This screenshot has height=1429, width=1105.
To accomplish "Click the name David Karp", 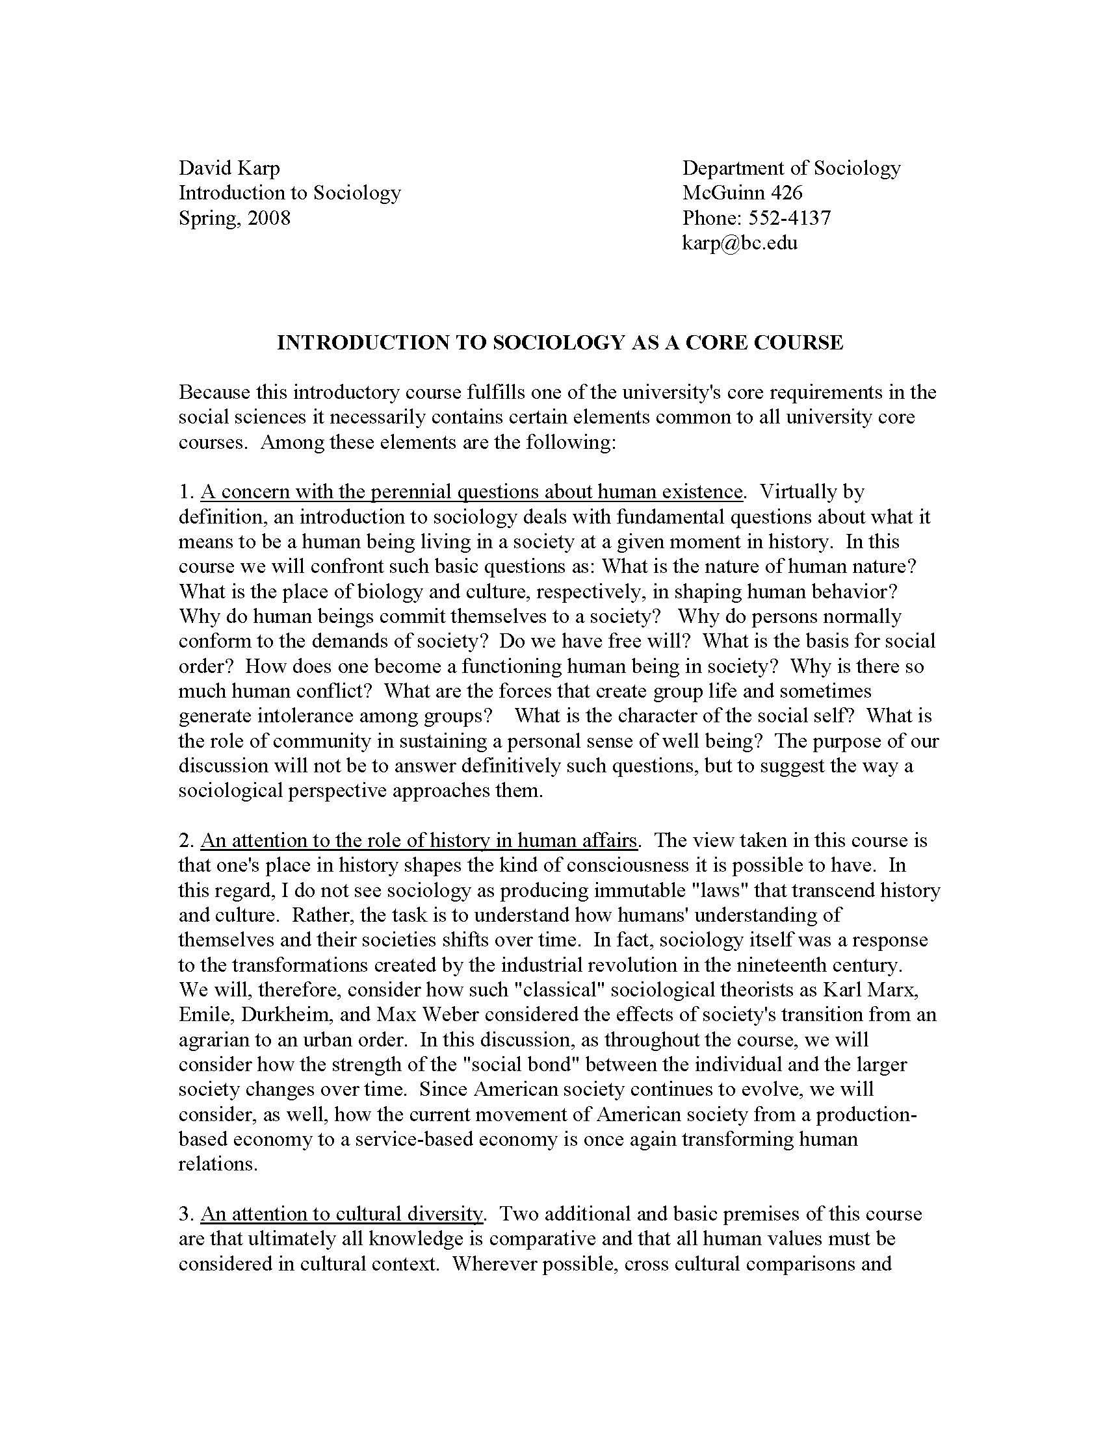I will tap(229, 168).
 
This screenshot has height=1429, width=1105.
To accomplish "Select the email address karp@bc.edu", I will tap(740, 243).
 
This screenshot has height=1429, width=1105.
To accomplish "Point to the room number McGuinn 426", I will tap(742, 193).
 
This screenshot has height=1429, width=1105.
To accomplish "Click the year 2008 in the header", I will tap(269, 218).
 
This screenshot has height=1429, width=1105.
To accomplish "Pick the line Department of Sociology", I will tap(792, 168).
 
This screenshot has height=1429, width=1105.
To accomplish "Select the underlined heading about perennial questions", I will tap(472, 492).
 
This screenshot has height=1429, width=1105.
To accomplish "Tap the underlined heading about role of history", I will tap(419, 840).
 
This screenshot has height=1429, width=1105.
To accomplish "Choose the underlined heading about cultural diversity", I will tap(342, 1214).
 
